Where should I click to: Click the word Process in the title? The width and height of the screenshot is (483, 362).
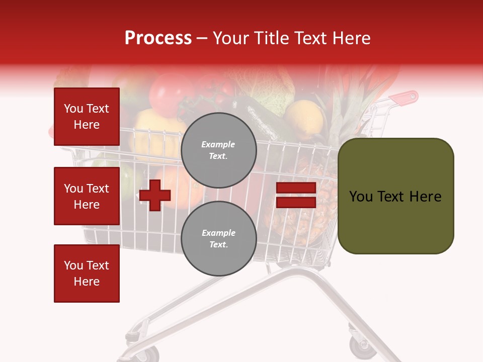[158, 38]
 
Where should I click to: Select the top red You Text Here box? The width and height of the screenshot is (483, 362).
[87, 117]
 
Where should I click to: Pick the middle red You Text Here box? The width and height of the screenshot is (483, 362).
[87, 196]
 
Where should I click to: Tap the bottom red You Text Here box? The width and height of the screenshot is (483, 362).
[87, 274]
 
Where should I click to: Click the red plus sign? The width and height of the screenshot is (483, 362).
[155, 195]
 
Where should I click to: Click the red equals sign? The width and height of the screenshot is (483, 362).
[296, 195]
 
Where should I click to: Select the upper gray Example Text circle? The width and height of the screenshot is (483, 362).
[218, 150]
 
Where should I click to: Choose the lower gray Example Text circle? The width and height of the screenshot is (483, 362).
[218, 238]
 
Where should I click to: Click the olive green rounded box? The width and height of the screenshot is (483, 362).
[395, 196]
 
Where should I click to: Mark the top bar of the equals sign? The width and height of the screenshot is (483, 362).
[296, 188]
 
